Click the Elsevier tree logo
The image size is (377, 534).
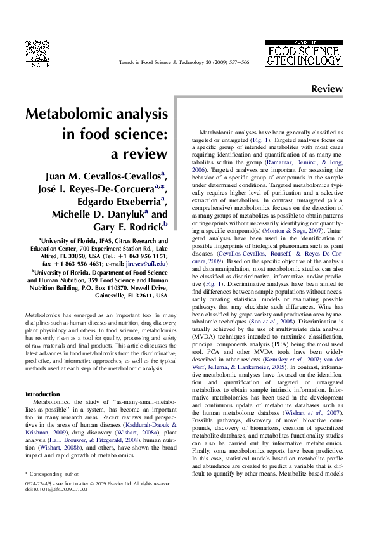coord(37,51)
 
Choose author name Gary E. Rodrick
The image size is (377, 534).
coord(126,229)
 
